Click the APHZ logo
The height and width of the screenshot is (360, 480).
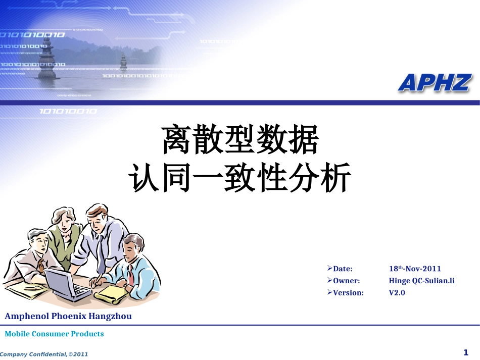(x=435, y=83)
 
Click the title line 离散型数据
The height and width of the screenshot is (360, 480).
(x=240, y=140)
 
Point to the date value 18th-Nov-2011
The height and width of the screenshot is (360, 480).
(x=415, y=269)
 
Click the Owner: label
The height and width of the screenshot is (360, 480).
(x=346, y=281)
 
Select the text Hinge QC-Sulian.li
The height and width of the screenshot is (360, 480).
(x=421, y=281)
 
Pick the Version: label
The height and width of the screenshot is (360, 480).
(x=348, y=292)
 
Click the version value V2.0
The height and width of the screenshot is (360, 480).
(x=397, y=292)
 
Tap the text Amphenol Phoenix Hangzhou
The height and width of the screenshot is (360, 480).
(x=68, y=317)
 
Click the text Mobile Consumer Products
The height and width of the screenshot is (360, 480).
(x=54, y=334)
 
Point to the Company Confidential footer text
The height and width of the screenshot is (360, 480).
(x=44, y=354)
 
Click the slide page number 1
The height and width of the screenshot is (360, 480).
(x=466, y=352)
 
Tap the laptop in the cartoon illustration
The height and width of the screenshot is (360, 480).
(x=66, y=284)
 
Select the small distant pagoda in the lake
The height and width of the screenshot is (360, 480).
(x=123, y=63)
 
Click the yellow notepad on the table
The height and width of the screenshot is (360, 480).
(x=112, y=294)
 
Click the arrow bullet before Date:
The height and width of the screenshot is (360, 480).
(x=329, y=268)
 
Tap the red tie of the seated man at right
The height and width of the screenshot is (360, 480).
(x=130, y=277)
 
